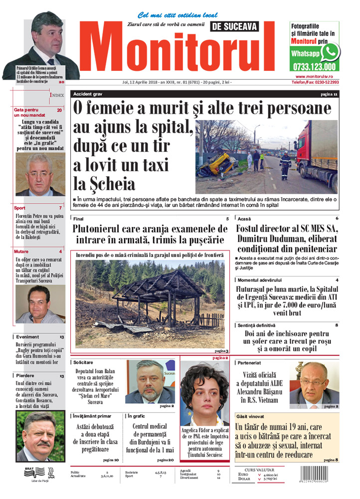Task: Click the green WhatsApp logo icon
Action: click(330, 51)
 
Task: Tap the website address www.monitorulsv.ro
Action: click(314, 76)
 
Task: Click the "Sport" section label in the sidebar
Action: click(20, 208)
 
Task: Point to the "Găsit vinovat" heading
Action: click(251, 416)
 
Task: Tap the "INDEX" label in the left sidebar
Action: click(56, 94)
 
